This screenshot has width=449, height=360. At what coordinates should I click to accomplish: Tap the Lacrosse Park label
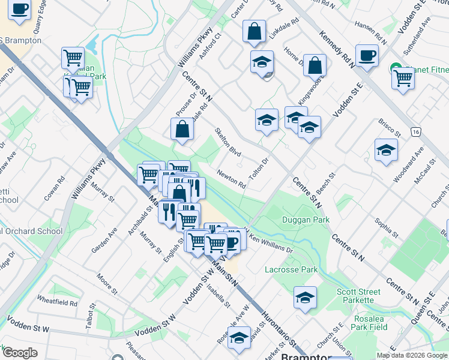291,269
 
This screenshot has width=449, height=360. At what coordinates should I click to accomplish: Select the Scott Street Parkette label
358,296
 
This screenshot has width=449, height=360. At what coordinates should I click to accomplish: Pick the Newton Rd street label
232,178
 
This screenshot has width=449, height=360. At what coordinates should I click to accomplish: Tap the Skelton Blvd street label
228,142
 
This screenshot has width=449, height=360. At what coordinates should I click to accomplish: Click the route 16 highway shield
415,131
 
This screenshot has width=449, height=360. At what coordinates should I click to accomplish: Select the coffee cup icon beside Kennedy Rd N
367,56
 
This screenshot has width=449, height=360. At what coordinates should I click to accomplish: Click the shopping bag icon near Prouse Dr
182,128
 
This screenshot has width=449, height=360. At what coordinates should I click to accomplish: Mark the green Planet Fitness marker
396,68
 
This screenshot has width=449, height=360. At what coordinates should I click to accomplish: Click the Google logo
20,353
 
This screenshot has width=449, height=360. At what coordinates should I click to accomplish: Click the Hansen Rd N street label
371,34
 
